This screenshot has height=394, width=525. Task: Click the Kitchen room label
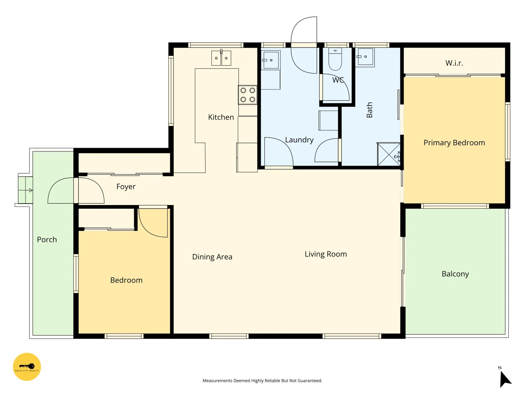[x=221, y=117]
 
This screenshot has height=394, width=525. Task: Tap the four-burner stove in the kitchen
[x=248, y=95]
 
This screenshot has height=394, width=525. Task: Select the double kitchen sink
[x=221, y=58]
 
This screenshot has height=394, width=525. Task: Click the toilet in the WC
[x=335, y=59]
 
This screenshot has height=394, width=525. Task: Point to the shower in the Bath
[x=389, y=154]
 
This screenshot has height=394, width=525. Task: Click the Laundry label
[x=299, y=140]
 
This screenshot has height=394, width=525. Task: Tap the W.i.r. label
[x=454, y=63]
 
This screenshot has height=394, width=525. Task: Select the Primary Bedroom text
[x=454, y=143]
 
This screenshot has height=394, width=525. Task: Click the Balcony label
[x=455, y=274]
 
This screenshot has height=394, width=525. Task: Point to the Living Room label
[x=326, y=254]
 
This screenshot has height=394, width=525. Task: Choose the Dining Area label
[x=212, y=257]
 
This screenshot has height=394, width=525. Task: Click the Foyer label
[x=126, y=186]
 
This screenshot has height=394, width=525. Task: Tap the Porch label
[x=47, y=240]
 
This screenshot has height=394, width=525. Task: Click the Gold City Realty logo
[x=27, y=367]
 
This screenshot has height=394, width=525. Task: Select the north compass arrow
[x=505, y=379]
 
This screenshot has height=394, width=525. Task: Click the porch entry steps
[x=26, y=190]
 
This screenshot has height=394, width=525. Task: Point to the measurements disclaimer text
[x=262, y=381]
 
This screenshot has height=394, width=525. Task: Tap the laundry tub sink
[x=271, y=60]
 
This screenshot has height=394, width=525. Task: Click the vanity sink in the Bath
[x=365, y=57]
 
